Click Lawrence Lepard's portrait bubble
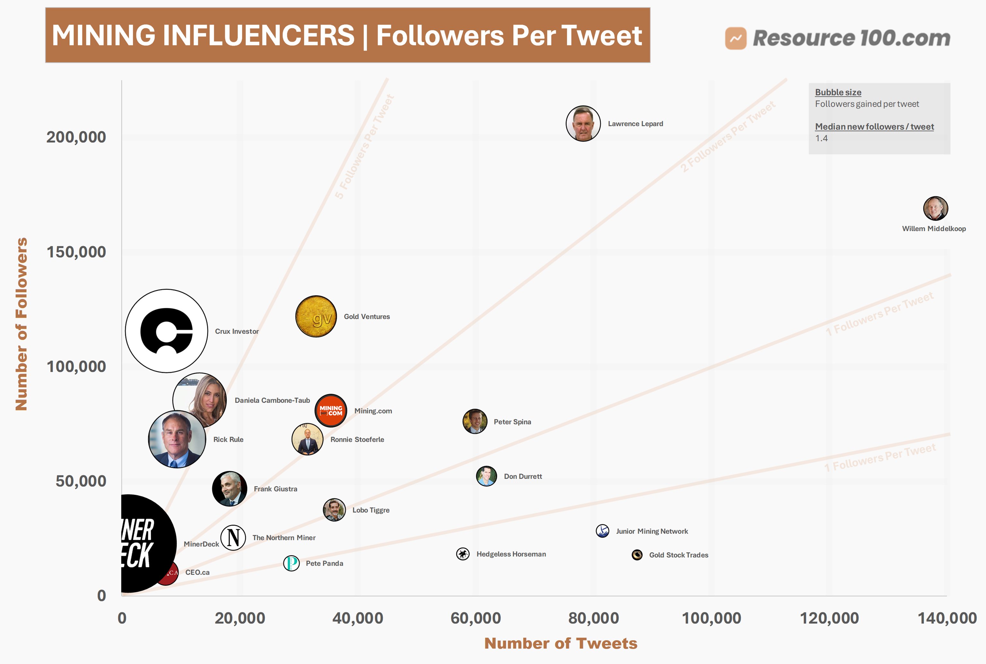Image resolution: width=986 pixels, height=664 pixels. click(x=583, y=123)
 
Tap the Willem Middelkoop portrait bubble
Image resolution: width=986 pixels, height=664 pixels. click(x=935, y=208)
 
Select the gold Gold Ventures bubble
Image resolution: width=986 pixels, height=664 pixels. click(x=316, y=316)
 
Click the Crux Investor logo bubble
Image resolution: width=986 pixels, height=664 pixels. click(x=166, y=331)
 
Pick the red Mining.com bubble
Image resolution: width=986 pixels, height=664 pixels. click(x=331, y=410)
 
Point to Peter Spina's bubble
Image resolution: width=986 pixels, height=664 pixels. click(x=475, y=421)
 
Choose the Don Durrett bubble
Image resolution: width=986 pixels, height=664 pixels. click(x=487, y=476)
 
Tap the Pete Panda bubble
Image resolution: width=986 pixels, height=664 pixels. click(x=291, y=563)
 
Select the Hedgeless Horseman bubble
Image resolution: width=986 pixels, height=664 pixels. click(x=463, y=554)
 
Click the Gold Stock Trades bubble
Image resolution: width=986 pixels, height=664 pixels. click(x=637, y=555)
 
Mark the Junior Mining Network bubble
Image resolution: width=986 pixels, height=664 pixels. click(x=602, y=531)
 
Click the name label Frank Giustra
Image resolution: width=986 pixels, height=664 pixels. click(x=275, y=489)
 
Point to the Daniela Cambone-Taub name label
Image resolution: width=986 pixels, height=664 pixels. click(x=272, y=400)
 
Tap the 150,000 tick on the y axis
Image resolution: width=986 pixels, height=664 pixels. click(x=76, y=252)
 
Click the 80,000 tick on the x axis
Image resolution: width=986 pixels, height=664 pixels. click(x=593, y=618)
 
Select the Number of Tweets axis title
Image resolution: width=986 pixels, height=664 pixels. click(x=560, y=643)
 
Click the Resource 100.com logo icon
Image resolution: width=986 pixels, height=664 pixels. click(x=736, y=38)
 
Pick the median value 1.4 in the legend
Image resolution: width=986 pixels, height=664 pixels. click(x=821, y=138)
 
